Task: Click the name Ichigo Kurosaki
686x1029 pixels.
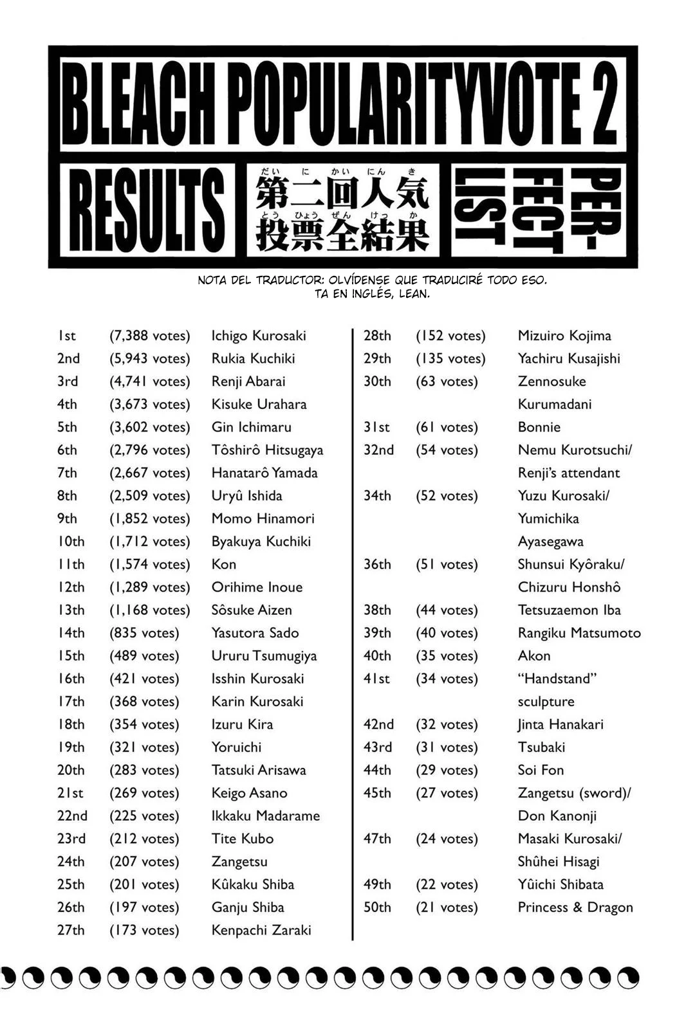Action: tap(259, 336)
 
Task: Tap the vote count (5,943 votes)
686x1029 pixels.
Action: tap(149, 359)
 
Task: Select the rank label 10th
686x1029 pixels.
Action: tap(71, 542)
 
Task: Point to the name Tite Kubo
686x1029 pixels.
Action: tap(243, 839)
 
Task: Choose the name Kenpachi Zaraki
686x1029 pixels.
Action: tap(261, 930)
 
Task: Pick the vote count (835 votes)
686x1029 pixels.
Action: tap(144, 633)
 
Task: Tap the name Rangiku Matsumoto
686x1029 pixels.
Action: tap(579, 633)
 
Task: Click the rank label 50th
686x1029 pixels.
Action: tap(377, 907)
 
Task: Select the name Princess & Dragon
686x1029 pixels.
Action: tap(575, 907)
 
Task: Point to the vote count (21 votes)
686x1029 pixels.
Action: tap(447, 907)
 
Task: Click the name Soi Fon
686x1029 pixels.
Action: tap(541, 770)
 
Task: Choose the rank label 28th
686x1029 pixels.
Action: tap(377, 336)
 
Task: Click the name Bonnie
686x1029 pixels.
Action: tap(539, 427)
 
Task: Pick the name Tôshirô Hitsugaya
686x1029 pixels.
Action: tap(267, 450)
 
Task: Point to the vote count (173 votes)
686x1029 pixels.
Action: tap(144, 930)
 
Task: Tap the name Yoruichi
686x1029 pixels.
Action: tap(236, 747)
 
